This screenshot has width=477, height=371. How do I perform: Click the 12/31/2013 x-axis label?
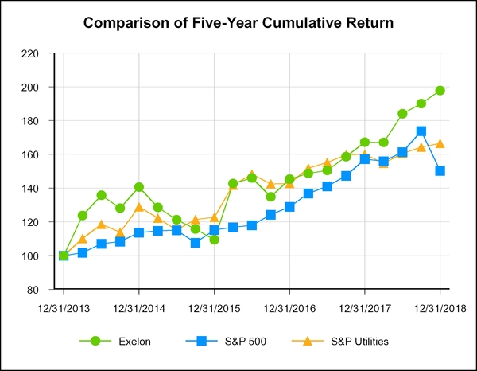click(x=64, y=307)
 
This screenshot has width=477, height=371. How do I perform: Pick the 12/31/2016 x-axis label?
click(x=289, y=307)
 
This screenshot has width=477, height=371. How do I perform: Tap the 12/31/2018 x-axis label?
click(x=440, y=307)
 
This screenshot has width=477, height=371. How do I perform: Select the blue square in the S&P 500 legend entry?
click(x=201, y=341)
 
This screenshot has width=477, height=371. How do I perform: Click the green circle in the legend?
click(x=96, y=341)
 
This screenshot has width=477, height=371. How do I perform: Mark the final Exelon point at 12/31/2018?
click(x=440, y=90)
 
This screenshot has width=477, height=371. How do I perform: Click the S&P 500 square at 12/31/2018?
click(x=440, y=171)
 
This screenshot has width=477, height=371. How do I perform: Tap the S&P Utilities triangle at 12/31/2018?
click(x=440, y=143)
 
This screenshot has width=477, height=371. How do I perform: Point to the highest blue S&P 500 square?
click(x=421, y=131)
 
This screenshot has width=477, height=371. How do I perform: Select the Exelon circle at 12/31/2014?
click(x=139, y=187)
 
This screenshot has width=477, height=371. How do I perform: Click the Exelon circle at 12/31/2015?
click(x=214, y=240)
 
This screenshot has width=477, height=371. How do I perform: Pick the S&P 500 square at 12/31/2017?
click(x=365, y=159)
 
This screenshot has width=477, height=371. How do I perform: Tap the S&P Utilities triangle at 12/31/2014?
click(x=139, y=207)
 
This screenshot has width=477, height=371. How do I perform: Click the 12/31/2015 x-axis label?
click(x=214, y=307)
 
